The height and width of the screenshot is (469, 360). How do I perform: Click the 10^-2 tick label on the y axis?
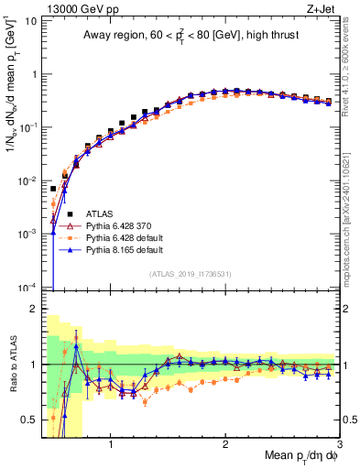[27, 180]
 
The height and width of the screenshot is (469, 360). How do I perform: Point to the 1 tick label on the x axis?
[111, 446]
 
